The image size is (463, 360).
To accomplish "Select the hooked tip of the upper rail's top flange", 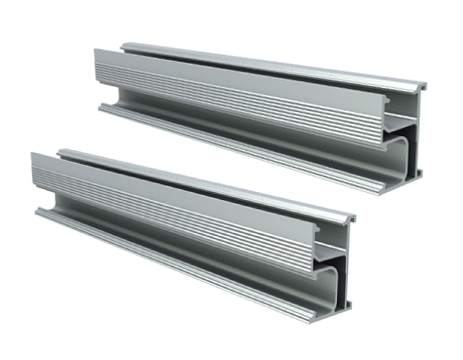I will (423, 87).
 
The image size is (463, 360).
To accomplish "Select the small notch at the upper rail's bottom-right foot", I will (419, 173).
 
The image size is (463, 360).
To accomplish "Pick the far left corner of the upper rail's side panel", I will (96, 50).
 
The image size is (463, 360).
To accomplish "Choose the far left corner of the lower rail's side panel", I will (32, 153).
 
